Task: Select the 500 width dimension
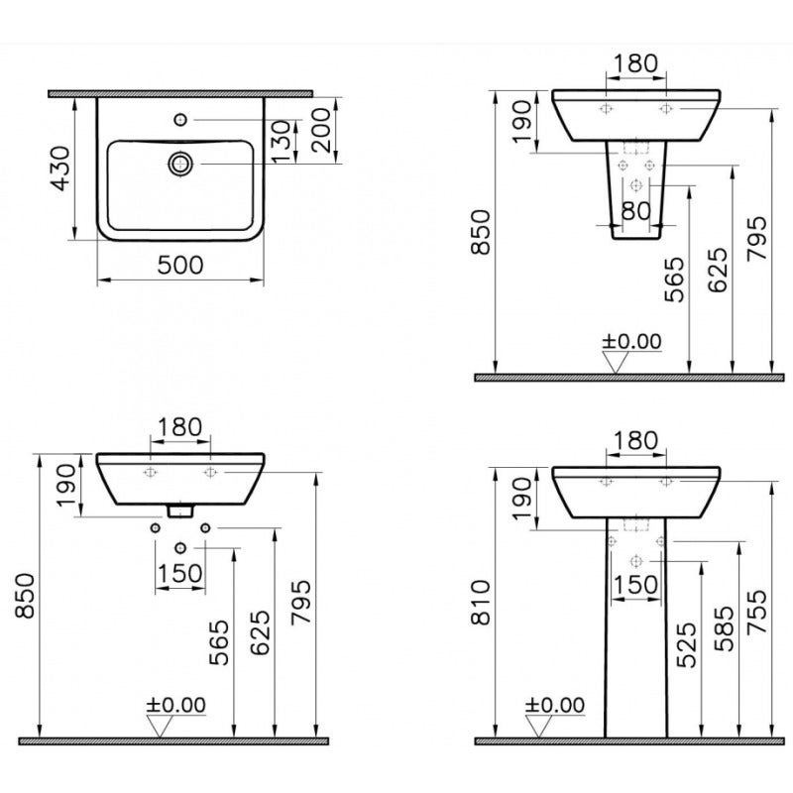coord(180,265)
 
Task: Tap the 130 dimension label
coord(282,142)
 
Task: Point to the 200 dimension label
coord(320,129)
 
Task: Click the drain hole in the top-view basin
coord(179,163)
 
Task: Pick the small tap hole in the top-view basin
coord(179,120)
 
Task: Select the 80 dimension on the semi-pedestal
coord(637,210)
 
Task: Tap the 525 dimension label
coord(685,641)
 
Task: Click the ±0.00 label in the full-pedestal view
coord(555,705)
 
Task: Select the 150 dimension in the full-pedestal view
coord(635,584)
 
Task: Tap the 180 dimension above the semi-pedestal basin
coord(634,63)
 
